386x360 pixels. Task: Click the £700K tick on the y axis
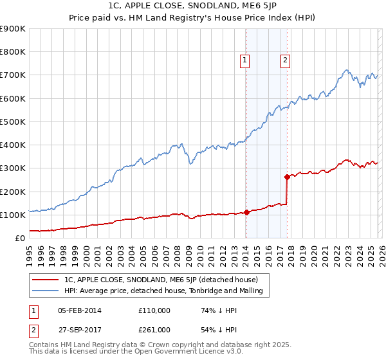13,75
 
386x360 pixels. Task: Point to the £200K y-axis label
13,192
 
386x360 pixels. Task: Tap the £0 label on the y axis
21,238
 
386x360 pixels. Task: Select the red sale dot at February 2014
246,212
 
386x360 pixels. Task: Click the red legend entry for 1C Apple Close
161,280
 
